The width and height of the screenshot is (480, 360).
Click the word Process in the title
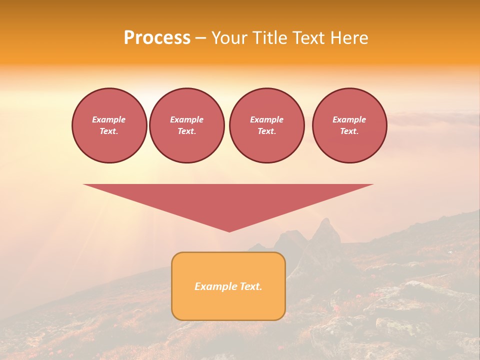click(157, 38)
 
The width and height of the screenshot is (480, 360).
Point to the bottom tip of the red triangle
click(229, 230)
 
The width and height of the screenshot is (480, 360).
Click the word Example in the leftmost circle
click(109, 119)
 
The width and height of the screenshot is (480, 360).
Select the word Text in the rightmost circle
click(349, 131)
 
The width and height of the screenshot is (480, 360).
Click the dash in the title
click(200, 38)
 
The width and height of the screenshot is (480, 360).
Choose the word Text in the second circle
click(186, 131)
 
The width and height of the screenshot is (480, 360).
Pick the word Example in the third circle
click(266, 119)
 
